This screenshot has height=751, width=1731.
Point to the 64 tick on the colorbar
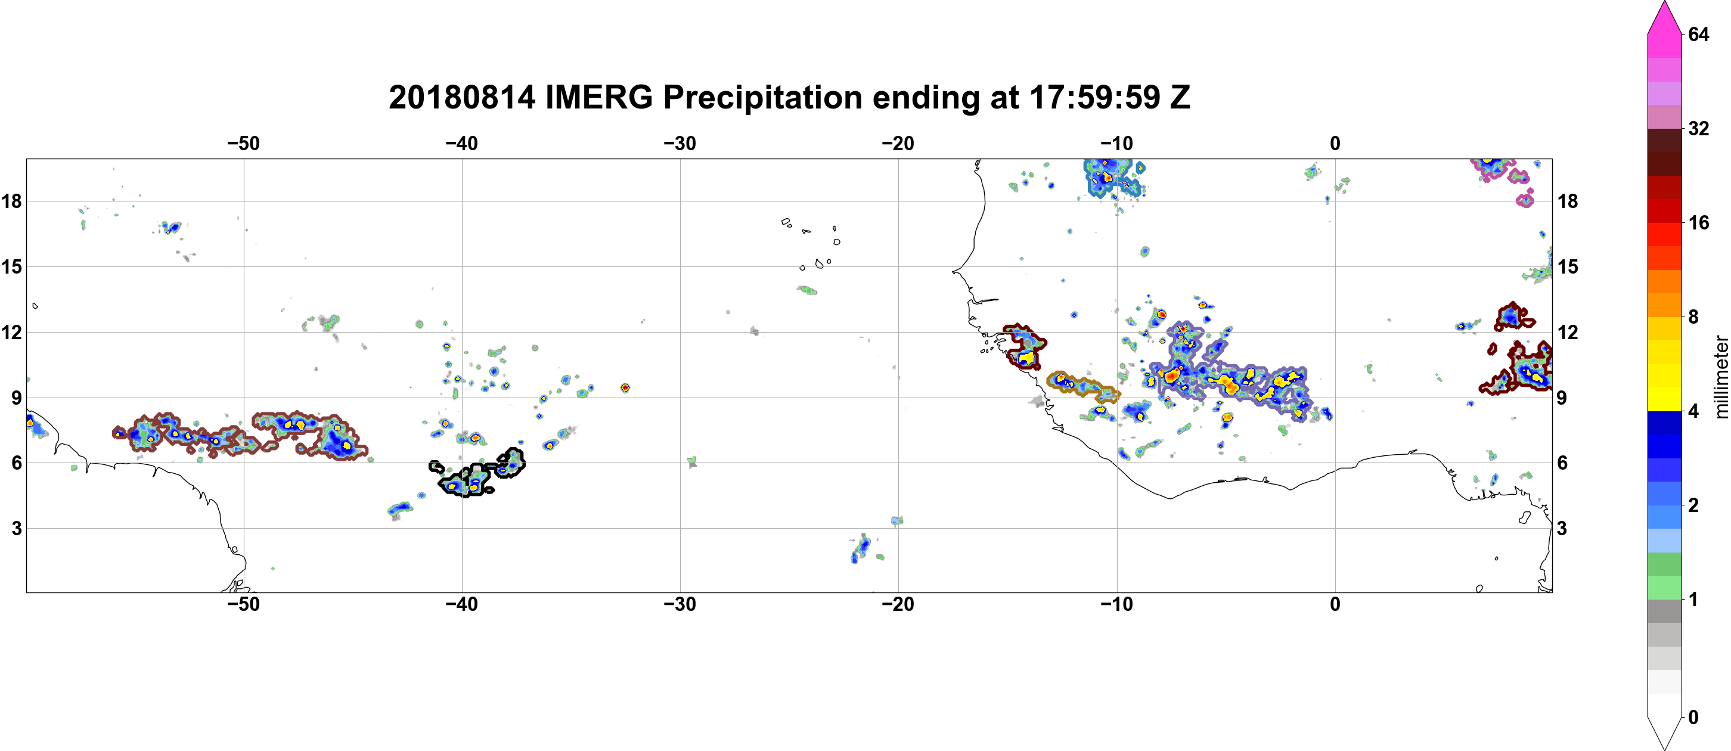pos(1698,34)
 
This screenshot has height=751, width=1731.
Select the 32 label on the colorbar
pos(1698,128)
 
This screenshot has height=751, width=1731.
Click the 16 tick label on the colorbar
pos(1698,222)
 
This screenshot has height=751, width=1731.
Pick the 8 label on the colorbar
pos(1693,316)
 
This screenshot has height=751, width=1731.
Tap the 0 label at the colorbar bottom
pos(1693,717)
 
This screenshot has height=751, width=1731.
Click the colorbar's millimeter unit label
pos(1721,377)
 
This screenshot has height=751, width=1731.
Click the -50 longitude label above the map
pos(243,143)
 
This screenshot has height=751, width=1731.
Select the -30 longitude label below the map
pos(680,604)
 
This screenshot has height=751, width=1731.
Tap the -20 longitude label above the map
pos(898,143)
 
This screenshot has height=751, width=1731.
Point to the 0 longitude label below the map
pos(1335,604)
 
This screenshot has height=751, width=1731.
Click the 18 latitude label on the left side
pos(11,201)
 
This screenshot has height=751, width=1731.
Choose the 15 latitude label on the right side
pos(1568,266)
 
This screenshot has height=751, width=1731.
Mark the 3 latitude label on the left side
pos(16,529)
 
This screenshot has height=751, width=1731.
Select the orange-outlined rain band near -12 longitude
pos(1082,386)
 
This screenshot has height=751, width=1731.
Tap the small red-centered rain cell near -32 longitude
pos(625,387)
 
